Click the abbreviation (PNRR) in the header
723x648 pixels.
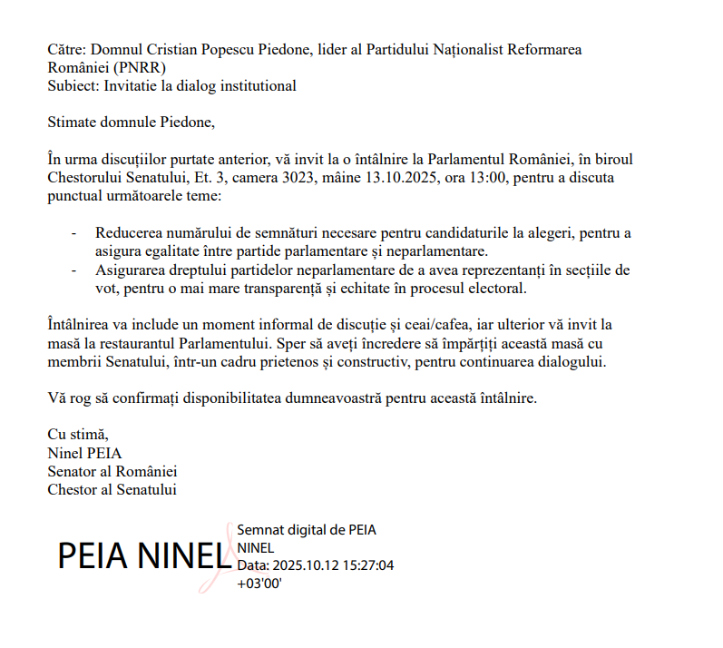(141, 67)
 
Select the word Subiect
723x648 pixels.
(73, 86)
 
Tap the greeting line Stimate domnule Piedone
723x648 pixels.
(132, 122)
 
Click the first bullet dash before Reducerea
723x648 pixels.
(74, 232)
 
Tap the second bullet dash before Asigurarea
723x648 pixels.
(74, 270)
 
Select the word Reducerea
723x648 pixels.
(131, 232)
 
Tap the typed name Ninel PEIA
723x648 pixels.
(84, 453)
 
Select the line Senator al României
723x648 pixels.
(112, 472)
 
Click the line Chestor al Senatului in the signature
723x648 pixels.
(112, 490)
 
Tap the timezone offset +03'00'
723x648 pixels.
(259, 584)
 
